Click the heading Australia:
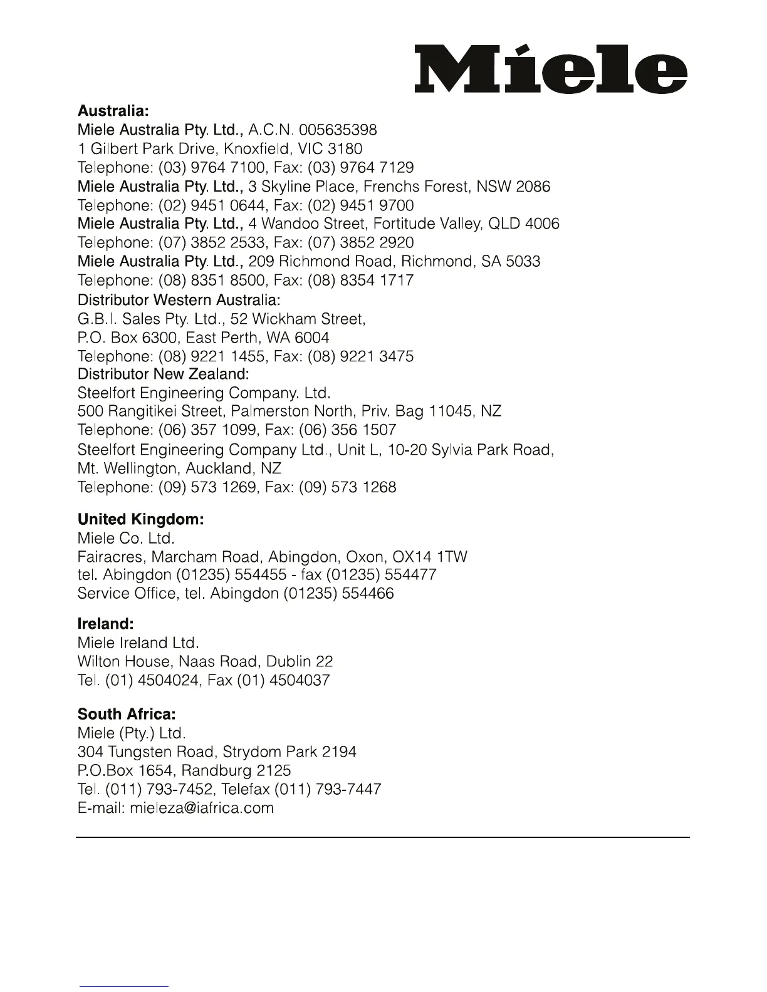(x=113, y=111)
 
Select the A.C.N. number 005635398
(x=338, y=130)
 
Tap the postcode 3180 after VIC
(x=345, y=149)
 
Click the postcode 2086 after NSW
(x=533, y=187)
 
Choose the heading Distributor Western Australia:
(x=179, y=300)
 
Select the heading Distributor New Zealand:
(x=163, y=375)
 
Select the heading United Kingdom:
(x=141, y=520)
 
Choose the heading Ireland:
(x=106, y=624)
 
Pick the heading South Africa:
(x=127, y=715)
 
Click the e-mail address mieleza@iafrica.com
(x=202, y=808)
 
